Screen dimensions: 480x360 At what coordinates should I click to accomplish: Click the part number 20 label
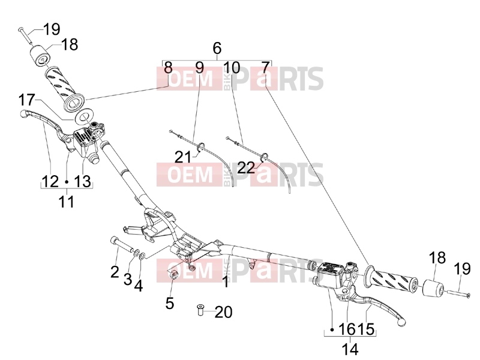click(223, 312)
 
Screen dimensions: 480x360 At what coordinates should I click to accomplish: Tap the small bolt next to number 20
click(200, 310)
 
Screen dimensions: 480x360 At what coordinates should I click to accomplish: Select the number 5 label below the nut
click(170, 303)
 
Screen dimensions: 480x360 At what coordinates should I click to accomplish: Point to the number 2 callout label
click(115, 272)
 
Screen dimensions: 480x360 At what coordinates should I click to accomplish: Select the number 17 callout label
click(27, 100)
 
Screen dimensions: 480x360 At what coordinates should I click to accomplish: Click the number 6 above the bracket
click(217, 48)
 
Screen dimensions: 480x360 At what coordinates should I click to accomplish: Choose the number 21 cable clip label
click(183, 157)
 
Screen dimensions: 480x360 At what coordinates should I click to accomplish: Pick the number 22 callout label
click(246, 167)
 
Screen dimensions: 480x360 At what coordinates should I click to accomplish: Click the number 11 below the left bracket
click(67, 202)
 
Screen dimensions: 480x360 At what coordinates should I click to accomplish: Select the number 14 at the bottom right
click(350, 349)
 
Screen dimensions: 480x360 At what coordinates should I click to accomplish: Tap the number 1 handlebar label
click(226, 282)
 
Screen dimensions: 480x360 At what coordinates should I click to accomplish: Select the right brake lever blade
click(383, 309)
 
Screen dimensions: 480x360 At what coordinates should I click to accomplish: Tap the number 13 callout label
click(83, 181)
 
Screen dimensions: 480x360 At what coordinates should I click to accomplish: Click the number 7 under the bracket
click(266, 67)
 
